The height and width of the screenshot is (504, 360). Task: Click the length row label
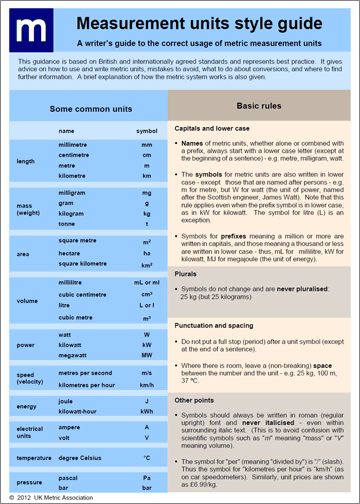coord(26,161)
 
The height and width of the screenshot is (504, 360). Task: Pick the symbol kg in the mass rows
coord(147,213)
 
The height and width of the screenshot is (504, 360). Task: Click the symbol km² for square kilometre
coord(147,267)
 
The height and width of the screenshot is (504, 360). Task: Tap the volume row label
coord(28,299)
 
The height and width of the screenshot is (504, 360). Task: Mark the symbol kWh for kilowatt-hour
coord(146,411)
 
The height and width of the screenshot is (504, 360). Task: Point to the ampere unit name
coord(71,426)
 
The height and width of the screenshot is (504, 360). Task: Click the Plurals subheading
coord(189,272)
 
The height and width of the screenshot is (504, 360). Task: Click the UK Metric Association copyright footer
coord(57,496)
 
